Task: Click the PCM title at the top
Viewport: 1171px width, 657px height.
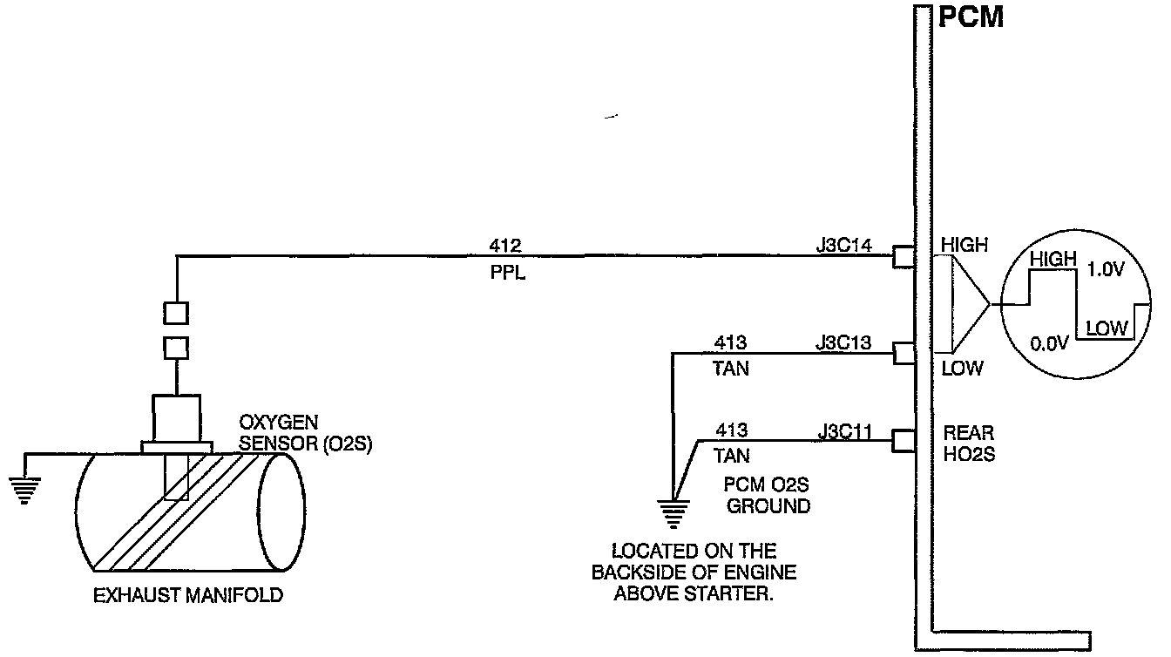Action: (971, 17)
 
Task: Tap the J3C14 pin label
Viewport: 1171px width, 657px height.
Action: (845, 245)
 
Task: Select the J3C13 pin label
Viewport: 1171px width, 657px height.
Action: (844, 342)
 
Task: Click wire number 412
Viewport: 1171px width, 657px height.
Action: (506, 245)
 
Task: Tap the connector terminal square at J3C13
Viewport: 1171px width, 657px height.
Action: (903, 354)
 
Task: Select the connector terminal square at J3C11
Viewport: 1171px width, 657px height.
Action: (903, 442)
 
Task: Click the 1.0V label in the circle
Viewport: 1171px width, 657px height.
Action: (1107, 269)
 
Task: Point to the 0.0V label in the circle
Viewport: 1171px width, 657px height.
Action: (1048, 342)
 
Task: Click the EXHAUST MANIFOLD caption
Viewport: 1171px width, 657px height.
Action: (188, 597)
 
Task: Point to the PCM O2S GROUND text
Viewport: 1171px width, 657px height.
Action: (769, 495)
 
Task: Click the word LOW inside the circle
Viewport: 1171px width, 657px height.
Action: (1107, 328)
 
